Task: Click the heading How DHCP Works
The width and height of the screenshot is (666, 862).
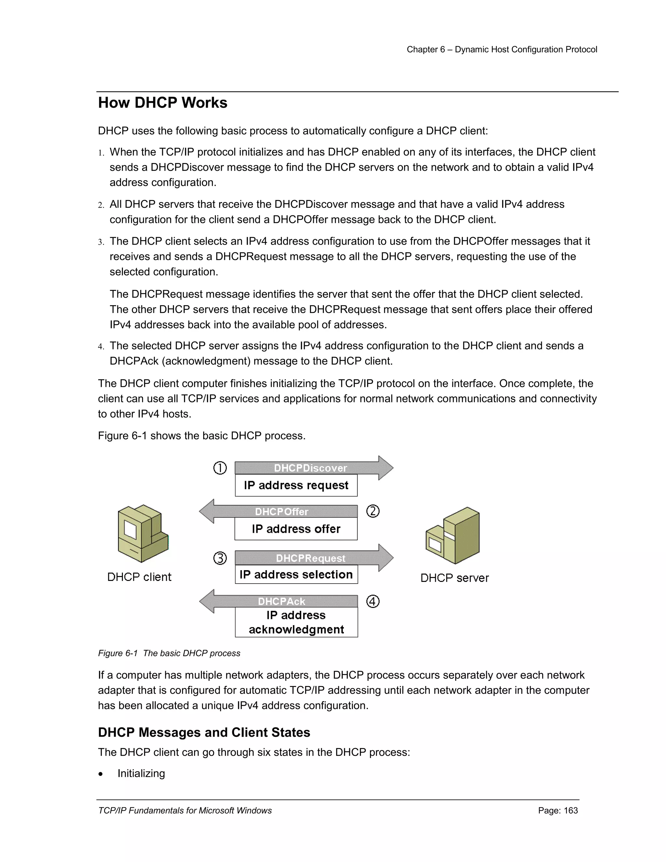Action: pos(163,103)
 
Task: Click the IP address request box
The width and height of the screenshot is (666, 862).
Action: pos(296,485)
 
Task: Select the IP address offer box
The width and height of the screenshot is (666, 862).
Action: pos(296,529)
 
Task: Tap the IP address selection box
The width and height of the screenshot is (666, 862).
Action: pos(296,575)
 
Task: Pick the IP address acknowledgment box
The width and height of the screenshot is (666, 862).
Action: pos(296,622)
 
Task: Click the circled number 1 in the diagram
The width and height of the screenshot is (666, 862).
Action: pos(220,468)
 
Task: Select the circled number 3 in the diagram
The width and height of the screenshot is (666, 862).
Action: pos(220,559)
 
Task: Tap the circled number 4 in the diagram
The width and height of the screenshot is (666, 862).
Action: pos(373,601)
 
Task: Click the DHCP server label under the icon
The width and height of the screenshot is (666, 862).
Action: pos(455,578)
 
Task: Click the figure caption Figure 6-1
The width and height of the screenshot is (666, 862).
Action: pos(169,653)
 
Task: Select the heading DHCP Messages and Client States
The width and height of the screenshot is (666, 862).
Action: pos(204,733)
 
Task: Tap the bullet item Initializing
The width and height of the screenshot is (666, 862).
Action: pos(141,774)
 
